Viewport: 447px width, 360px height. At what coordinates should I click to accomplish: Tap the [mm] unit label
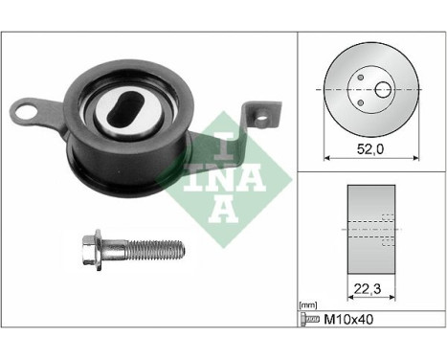click(x=307, y=304)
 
